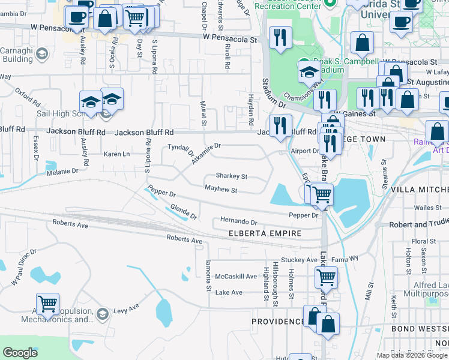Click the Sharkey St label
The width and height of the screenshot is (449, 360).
231,177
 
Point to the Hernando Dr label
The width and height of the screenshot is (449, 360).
238,221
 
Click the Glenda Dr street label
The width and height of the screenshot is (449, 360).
183,211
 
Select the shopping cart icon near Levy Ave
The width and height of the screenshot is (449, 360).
47,303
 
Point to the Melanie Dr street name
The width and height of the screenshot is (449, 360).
62,171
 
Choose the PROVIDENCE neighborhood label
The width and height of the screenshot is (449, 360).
277,322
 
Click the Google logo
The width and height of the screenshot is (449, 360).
20,353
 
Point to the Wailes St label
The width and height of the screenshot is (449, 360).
427,208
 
